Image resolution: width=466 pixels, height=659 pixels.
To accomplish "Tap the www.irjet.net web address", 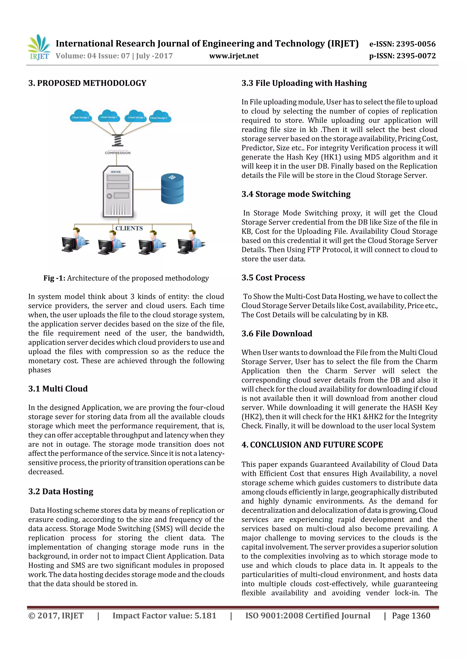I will pyautogui.click(x=234, y=56).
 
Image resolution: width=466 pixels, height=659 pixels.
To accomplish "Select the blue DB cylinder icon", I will pyautogui.click(x=172, y=189).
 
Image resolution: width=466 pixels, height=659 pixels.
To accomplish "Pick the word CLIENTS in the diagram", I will pyautogui.click(x=129, y=228).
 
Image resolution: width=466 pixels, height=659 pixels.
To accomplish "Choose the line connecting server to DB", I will pyautogui.click(x=147, y=189).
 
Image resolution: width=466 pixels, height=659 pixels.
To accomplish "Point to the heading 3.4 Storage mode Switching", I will pyautogui.click(x=296, y=194).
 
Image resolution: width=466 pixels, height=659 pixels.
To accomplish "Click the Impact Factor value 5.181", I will pyautogui.click(x=164, y=615).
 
